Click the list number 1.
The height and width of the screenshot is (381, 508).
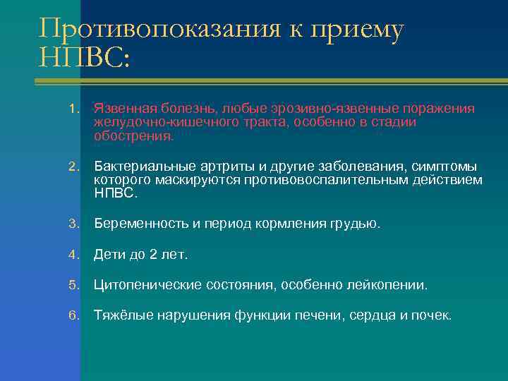pyautogui.click(x=73, y=109)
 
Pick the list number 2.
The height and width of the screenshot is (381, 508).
pyautogui.click(x=73, y=167)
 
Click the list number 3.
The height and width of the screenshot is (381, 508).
pyautogui.click(x=73, y=224)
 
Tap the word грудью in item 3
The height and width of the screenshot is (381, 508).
pyautogui.click(x=355, y=224)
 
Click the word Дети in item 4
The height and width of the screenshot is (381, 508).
pyautogui.click(x=109, y=255)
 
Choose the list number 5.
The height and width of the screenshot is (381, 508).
pyautogui.click(x=73, y=285)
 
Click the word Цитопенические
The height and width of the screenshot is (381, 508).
pyautogui.click(x=146, y=285)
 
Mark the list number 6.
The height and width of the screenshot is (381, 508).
pyautogui.click(x=73, y=315)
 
